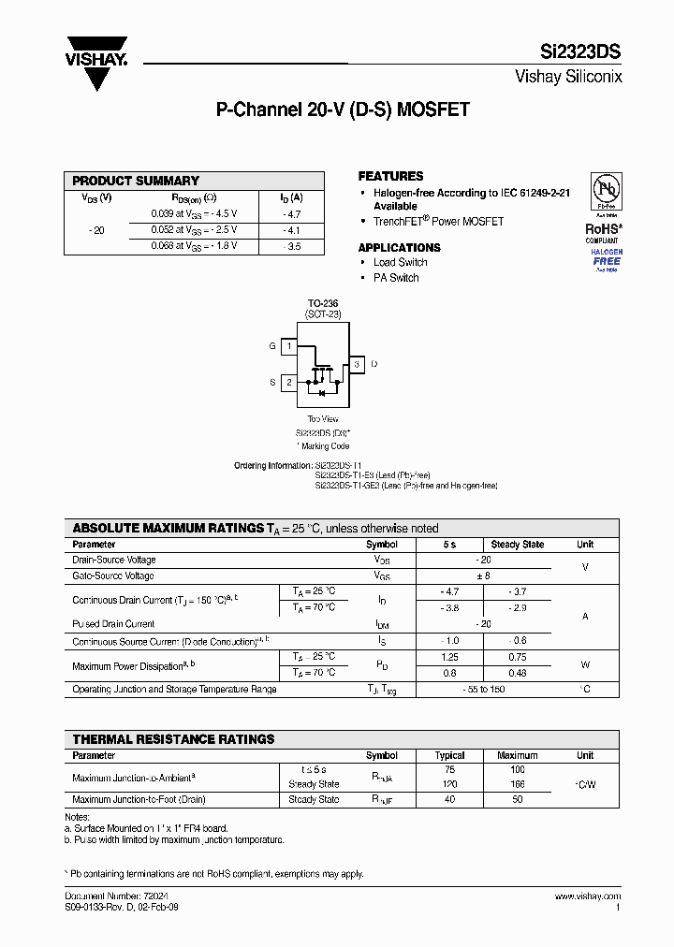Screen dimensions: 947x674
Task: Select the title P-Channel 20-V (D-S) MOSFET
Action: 343,109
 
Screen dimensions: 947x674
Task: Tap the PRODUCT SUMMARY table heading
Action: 136,181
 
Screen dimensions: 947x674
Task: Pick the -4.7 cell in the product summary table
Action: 291,213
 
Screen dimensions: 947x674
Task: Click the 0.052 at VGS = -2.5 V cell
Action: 194,229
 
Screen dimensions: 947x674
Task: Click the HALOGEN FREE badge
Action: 606,257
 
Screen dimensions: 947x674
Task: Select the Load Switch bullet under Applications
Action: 400,263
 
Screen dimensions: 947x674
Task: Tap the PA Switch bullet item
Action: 396,278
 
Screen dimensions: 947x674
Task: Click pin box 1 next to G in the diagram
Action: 290,346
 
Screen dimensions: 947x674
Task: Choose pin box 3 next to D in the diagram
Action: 357,363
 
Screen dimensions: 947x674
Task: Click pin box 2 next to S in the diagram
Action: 290,382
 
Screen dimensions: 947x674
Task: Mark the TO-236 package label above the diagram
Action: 323,304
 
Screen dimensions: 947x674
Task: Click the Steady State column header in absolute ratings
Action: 517,545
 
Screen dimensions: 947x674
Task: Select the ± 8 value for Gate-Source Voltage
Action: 483,575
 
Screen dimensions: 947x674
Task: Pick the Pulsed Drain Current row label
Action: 113,623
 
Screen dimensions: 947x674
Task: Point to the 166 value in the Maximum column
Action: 517,784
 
